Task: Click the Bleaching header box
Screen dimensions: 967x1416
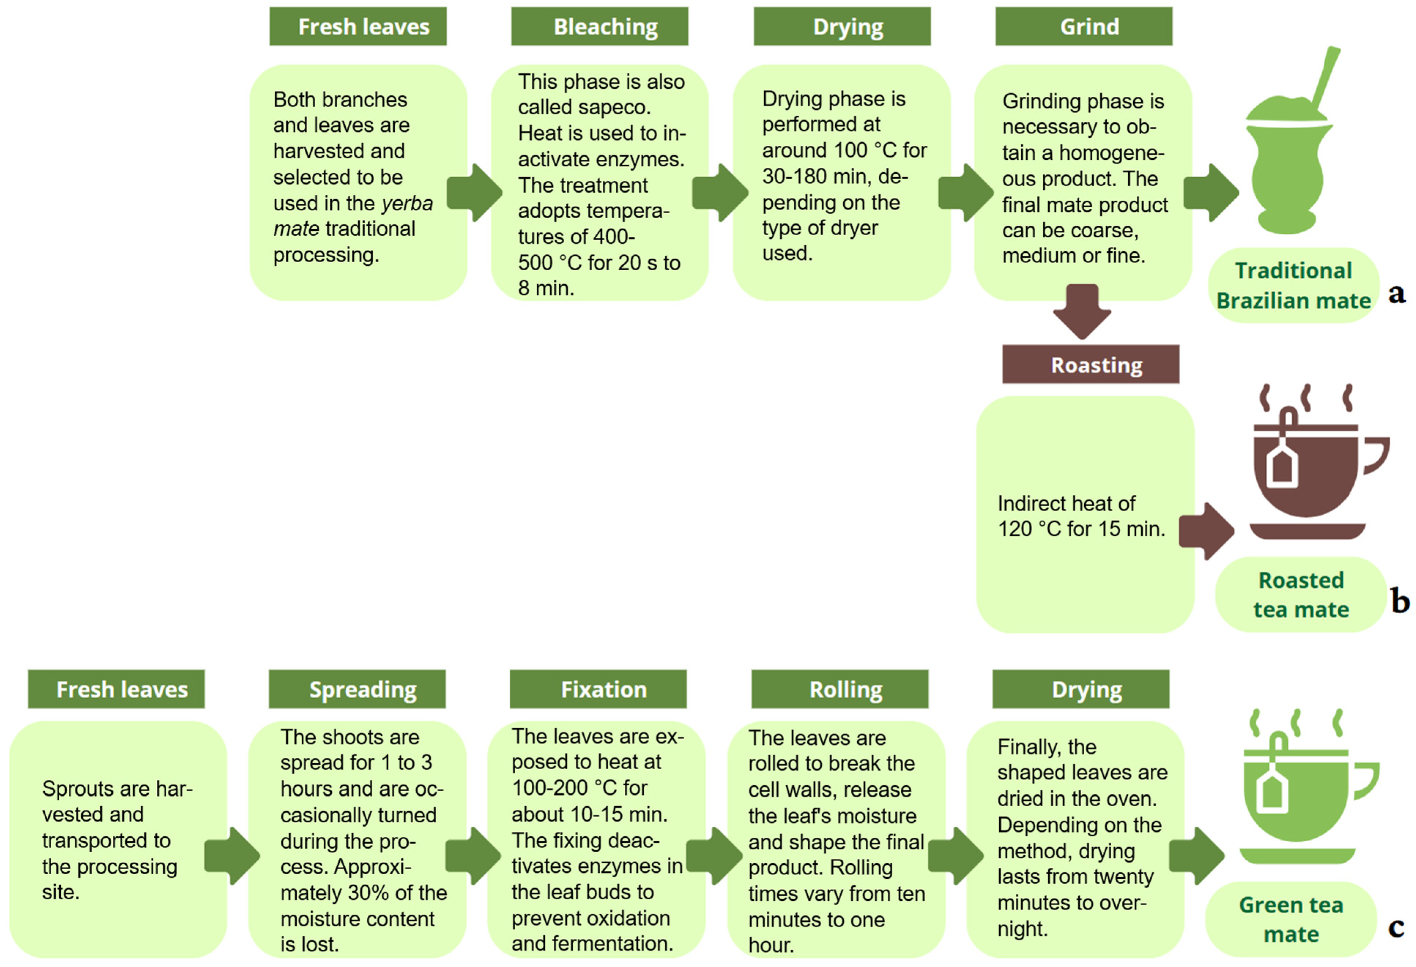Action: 599,27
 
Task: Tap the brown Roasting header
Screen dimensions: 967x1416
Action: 1090,364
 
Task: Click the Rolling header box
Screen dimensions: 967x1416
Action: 840,689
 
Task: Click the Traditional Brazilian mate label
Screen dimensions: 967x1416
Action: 1293,285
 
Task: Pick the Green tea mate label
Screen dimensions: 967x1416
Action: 1290,919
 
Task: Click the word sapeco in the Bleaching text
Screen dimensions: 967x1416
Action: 614,107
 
